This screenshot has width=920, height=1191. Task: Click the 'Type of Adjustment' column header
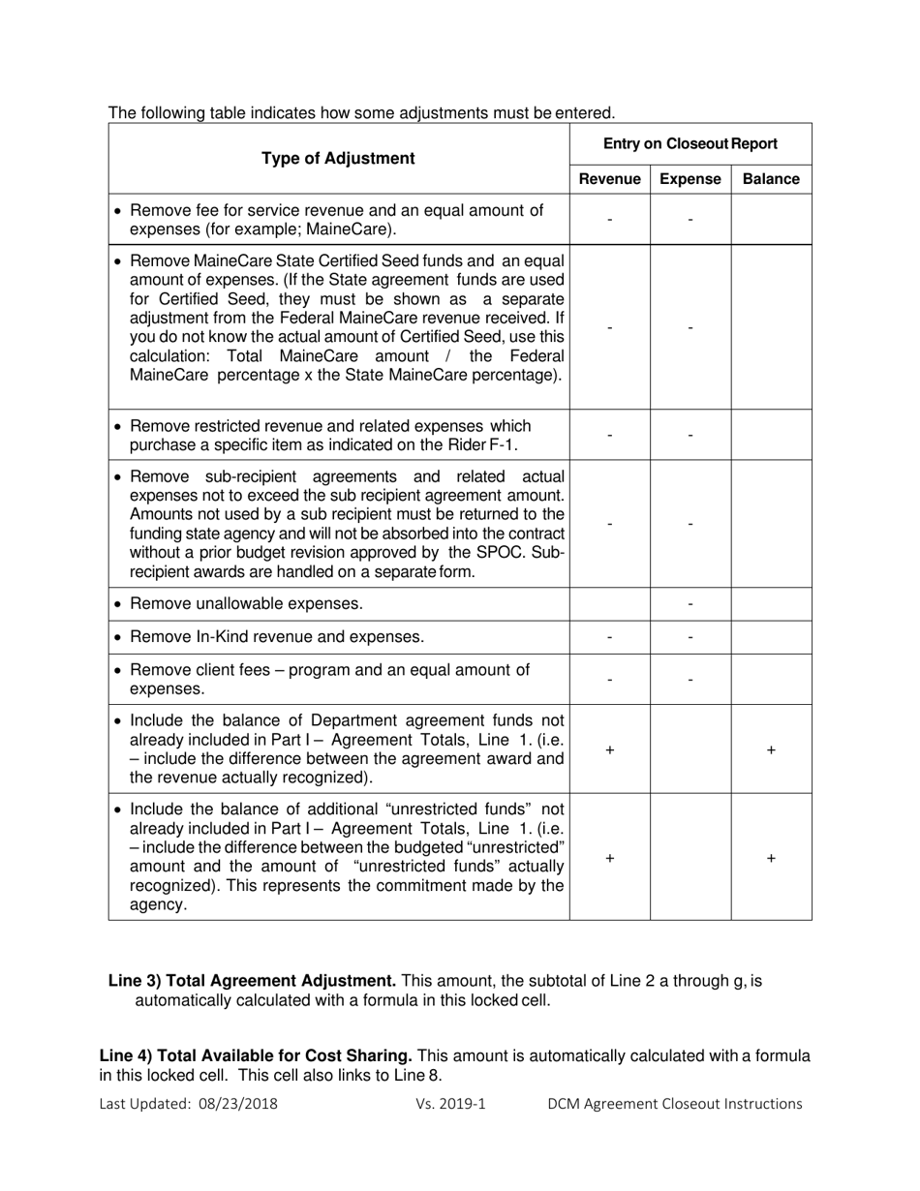point(338,158)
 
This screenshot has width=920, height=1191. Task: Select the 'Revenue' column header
point(609,179)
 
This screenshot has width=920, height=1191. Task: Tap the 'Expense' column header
point(690,179)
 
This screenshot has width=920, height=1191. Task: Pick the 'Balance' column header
point(771,179)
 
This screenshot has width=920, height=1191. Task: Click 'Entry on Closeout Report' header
point(690,143)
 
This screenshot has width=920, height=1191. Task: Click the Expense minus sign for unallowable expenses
point(690,604)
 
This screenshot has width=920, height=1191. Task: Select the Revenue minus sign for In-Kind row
point(609,637)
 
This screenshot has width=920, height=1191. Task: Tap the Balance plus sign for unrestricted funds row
point(771,858)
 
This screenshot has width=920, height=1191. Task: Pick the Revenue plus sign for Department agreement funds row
point(609,749)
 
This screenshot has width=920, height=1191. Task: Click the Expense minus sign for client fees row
point(690,680)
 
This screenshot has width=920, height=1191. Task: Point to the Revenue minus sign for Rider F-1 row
point(609,436)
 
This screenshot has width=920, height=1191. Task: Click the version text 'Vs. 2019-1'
point(450,1104)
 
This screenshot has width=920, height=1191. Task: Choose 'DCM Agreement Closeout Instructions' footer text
point(674,1104)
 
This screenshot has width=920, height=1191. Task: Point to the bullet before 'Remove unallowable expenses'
point(118,604)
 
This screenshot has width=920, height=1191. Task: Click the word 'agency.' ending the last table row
point(158,905)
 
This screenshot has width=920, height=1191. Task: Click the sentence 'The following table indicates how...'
point(361,113)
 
